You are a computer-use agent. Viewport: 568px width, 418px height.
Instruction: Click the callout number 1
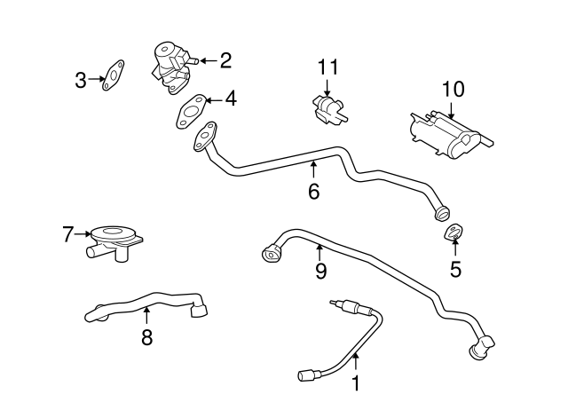356,383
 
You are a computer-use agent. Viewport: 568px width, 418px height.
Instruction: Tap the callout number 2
225,60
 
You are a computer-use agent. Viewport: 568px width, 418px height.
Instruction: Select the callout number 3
80,82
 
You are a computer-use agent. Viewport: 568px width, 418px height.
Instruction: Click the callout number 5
455,268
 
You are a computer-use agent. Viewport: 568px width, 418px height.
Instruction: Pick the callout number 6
313,191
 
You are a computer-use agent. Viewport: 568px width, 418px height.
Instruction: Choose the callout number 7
67,235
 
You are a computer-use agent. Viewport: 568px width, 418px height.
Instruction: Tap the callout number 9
320,269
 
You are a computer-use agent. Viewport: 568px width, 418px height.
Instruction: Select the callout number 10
453,90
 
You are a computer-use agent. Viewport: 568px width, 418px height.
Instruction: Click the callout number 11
328,67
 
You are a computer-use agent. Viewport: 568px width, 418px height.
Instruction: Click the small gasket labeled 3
113,75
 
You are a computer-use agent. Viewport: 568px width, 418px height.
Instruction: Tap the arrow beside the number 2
205,60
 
